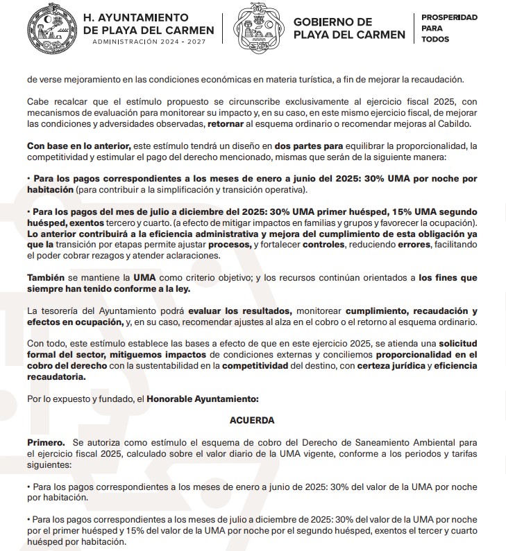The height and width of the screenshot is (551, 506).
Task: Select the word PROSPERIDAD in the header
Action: (449, 17)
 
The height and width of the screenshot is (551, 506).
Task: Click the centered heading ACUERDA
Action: (252, 420)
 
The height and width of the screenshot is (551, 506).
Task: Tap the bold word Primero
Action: (45, 441)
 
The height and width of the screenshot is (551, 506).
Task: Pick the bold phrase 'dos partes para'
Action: (309, 146)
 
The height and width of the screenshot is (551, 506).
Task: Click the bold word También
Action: (45, 277)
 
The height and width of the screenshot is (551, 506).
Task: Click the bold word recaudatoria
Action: (56, 377)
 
